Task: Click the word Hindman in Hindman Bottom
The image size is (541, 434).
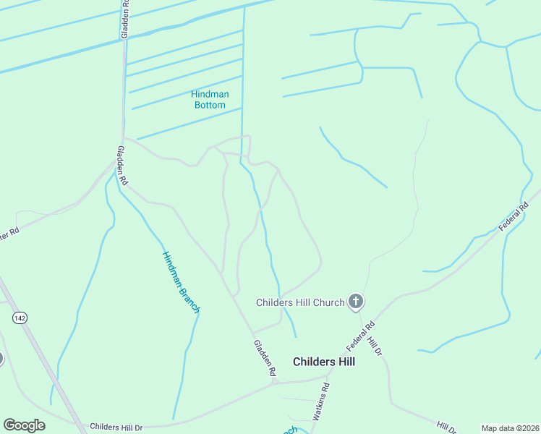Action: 210,94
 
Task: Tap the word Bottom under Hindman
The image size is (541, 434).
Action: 210,104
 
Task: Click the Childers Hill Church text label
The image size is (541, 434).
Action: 300,302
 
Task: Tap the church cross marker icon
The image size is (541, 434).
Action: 355,301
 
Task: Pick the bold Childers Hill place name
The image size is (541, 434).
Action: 324,361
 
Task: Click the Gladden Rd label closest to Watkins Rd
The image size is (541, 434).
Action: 265,357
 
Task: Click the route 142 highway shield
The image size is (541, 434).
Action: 20,318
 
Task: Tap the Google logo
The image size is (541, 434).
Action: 24,425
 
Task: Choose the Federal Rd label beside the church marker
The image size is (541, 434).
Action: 364,333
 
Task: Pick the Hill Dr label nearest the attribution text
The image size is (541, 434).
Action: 446,427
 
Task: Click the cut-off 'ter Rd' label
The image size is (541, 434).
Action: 9,234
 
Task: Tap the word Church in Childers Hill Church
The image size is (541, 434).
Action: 329,302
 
